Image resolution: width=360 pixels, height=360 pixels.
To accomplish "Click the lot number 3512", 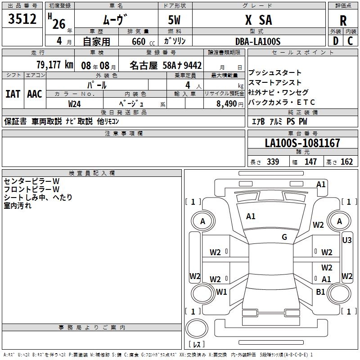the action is (22, 19).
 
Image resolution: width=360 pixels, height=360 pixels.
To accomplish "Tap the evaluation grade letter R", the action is (343, 20).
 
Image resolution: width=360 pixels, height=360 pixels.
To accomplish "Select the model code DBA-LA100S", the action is (258, 41).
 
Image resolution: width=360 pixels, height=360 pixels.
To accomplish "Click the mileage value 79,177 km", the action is (54, 64).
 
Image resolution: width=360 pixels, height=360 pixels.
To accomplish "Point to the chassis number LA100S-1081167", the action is (302, 143).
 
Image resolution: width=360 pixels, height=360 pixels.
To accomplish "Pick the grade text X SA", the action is (258, 20).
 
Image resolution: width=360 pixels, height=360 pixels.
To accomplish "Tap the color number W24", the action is (75, 103).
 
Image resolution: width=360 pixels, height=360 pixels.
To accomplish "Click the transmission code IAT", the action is (13, 94).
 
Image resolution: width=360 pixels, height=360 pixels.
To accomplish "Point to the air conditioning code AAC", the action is (35, 94).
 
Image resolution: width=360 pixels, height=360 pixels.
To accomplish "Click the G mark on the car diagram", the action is (284, 237).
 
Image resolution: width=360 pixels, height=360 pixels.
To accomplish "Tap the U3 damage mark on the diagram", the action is (347, 240).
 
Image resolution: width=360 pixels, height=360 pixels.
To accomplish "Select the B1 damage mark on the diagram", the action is (320, 292).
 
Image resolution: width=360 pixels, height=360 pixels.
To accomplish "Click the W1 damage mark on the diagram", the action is (221, 292).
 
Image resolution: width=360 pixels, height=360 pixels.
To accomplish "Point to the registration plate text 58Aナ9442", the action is (181, 64).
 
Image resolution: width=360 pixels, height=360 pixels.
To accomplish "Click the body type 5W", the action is (175, 20).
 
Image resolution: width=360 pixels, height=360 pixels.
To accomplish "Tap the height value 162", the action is (346, 162).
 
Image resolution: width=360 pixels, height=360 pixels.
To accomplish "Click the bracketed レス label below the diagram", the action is (196, 345).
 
